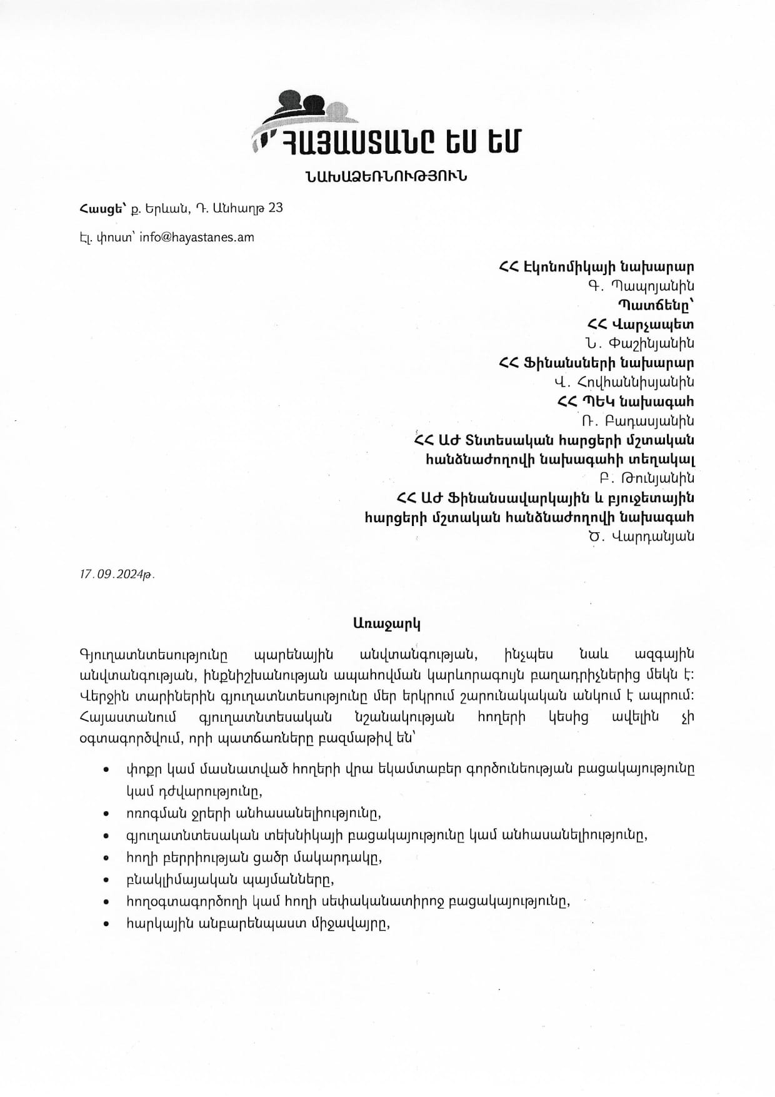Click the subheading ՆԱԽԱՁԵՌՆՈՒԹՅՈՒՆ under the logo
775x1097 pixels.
(387, 176)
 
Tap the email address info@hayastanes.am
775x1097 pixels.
(197, 238)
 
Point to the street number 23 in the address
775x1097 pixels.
(275, 208)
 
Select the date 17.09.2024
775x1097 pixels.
(116, 574)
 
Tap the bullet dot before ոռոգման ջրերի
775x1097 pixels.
(109, 814)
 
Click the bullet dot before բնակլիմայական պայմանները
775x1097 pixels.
(109, 880)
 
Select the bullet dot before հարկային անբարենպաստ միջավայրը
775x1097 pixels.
(109, 924)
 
